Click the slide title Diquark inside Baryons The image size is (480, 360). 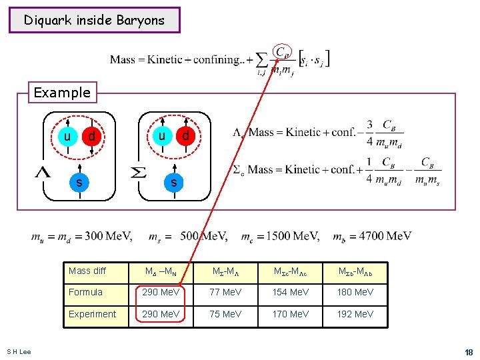point(94,20)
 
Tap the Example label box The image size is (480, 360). point(62,92)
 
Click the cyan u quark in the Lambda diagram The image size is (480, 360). point(67,137)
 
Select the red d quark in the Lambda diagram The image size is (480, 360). point(91,137)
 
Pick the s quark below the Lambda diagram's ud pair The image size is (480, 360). point(79,181)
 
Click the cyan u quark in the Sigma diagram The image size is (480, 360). point(162,136)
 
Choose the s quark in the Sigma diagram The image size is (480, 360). point(174,181)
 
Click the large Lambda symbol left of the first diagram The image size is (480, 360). point(43,172)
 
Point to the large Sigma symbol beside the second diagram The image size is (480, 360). point(137,172)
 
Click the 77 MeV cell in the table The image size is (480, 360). point(226,292)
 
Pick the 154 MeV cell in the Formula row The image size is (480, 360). point(291,292)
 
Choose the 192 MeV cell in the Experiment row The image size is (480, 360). point(355,314)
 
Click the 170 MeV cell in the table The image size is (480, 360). point(291,314)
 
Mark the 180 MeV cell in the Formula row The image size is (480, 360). point(355,292)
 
